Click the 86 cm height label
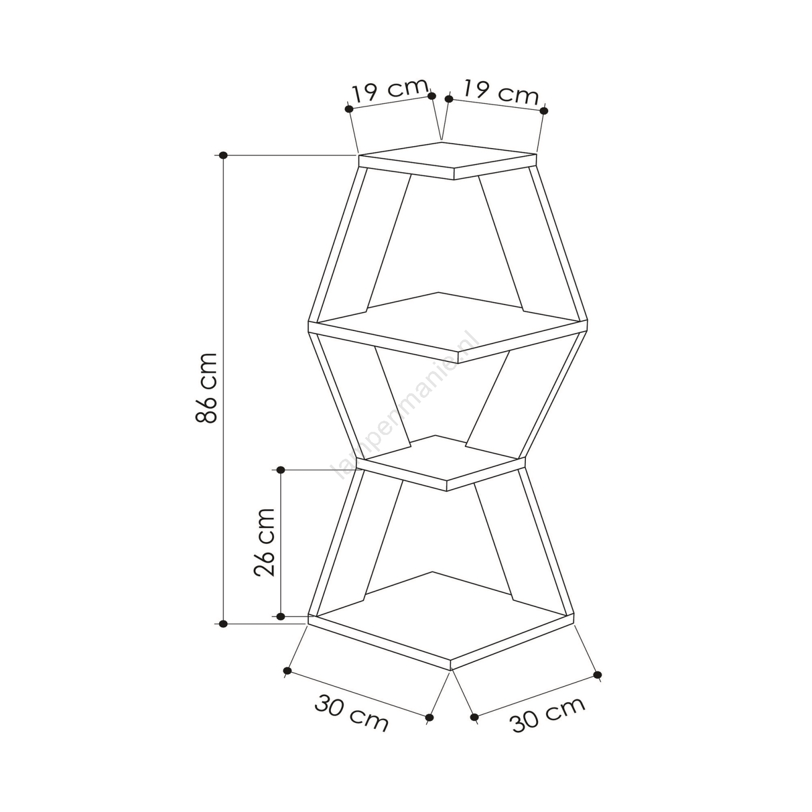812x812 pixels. pyautogui.click(x=207, y=388)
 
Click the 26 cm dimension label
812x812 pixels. pyautogui.click(x=264, y=542)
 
